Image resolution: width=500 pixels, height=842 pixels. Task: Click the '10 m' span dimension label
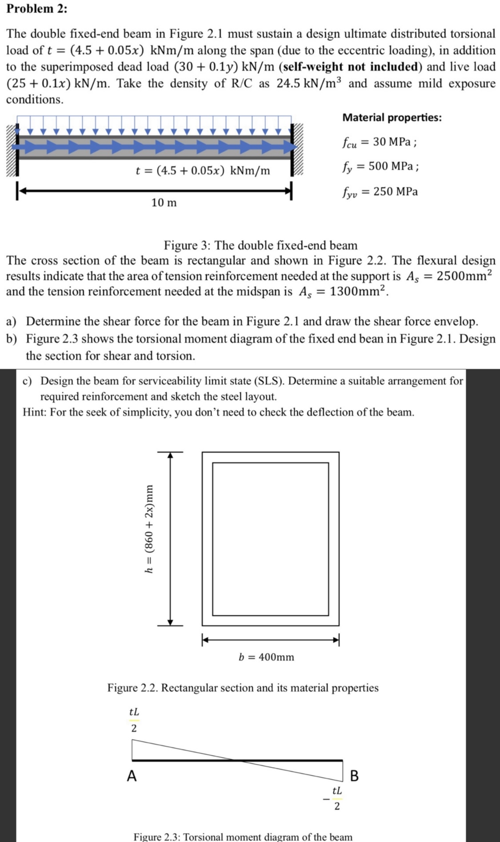[x=164, y=203]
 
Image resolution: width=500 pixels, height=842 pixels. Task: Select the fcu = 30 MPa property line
[x=379, y=142]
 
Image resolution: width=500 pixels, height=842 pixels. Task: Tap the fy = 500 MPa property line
[x=380, y=167]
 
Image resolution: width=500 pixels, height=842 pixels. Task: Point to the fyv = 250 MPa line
[x=380, y=192]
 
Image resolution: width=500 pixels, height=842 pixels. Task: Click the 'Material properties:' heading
[x=392, y=117]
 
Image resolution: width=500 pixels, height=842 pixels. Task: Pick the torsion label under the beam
[x=203, y=171]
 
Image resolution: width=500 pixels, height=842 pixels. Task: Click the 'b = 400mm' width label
[x=266, y=657]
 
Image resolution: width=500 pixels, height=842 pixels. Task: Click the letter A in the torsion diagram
[x=132, y=776]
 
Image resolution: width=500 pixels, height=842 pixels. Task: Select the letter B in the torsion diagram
[x=354, y=776]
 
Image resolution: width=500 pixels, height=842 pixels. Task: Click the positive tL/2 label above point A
[x=134, y=720]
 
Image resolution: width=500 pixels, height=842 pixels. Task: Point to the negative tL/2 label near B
[x=334, y=798]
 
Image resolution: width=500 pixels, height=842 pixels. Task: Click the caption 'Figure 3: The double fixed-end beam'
[x=260, y=245]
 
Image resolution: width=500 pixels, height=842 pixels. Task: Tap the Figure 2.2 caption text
[x=243, y=688]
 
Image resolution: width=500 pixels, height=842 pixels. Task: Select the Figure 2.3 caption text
[x=243, y=837]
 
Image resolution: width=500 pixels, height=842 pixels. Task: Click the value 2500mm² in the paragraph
[x=464, y=276]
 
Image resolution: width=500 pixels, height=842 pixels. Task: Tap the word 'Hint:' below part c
[x=35, y=412]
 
